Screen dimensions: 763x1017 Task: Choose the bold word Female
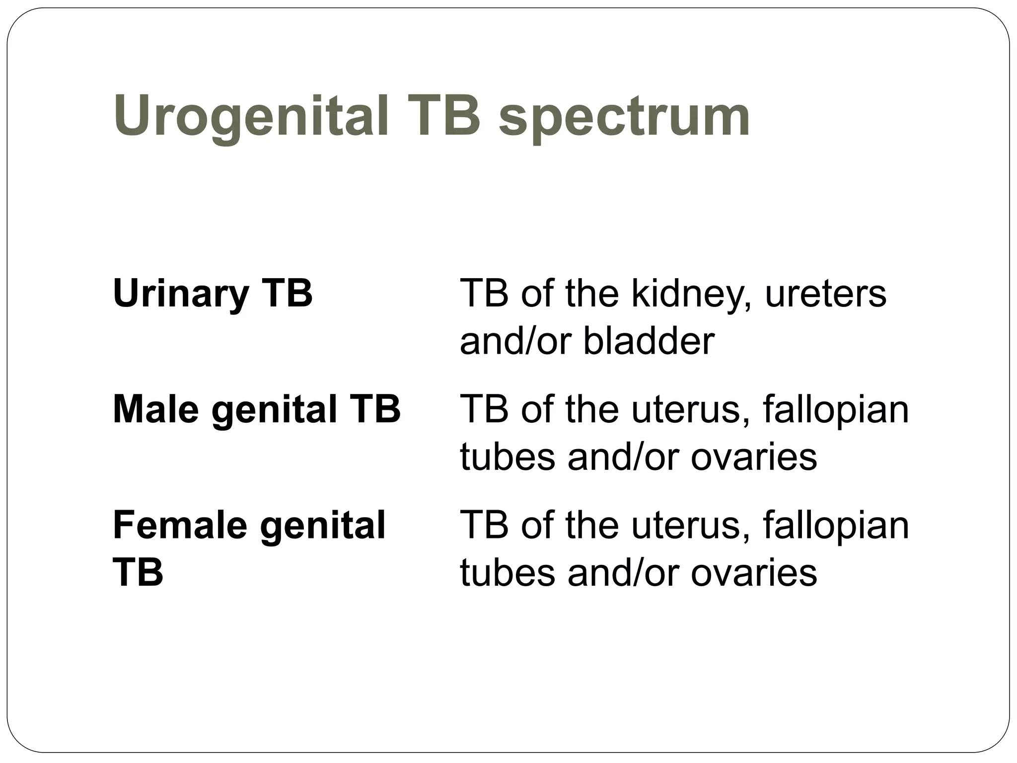[180, 525]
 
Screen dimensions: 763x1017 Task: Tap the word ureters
[825, 294]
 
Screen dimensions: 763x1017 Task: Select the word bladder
[649, 341]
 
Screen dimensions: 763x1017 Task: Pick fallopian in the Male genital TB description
[836, 410]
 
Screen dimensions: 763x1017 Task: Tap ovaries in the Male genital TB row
[753, 457]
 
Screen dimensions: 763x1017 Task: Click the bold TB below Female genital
[138, 572]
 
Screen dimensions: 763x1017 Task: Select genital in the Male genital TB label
[274, 410]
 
